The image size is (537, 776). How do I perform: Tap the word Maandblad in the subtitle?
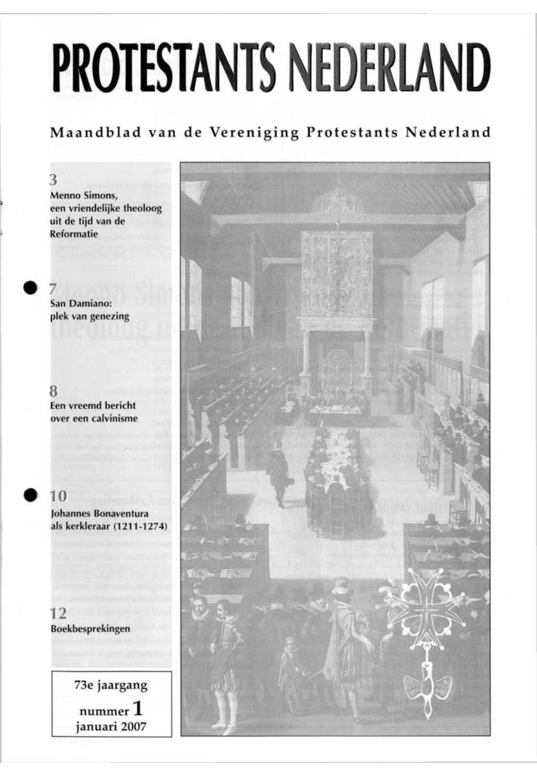[91, 133]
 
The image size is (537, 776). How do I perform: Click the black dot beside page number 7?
[30, 288]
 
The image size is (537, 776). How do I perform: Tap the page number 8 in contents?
[54, 391]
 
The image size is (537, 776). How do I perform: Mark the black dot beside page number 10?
[30, 495]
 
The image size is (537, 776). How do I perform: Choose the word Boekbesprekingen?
[90, 629]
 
